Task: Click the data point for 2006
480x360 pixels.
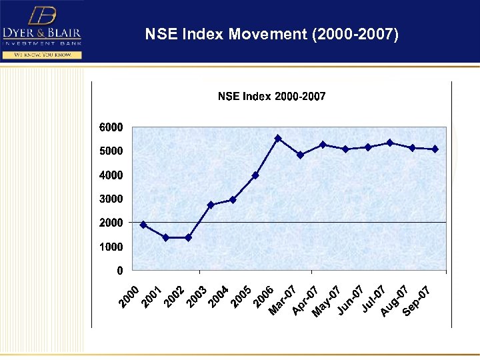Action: pyautogui.click(x=278, y=138)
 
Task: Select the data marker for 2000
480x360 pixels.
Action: pyautogui.click(x=143, y=225)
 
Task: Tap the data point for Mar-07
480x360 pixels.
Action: pyautogui.click(x=300, y=155)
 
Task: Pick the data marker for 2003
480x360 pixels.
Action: pyautogui.click(x=211, y=205)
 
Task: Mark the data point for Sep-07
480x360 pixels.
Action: pyautogui.click(x=435, y=149)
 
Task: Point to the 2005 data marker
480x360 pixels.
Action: pyautogui.click(x=255, y=175)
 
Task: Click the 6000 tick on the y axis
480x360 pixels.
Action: pyautogui.click(x=111, y=127)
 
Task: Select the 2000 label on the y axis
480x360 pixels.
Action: pyautogui.click(x=111, y=223)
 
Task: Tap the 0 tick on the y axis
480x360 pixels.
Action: pyautogui.click(x=119, y=271)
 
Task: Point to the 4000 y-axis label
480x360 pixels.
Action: pyautogui.click(x=111, y=175)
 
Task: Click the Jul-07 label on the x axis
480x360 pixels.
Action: pyautogui.click(x=374, y=298)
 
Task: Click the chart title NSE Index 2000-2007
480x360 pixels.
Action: pyautogui.click(x=271, y=97)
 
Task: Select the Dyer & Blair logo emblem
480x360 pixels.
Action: pyautogui.click(x=42, y=15)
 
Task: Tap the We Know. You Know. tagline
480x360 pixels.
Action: pyautogui.click(x=42, y=55)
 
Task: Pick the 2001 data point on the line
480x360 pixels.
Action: pyautogui.click(x=165, y=237)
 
